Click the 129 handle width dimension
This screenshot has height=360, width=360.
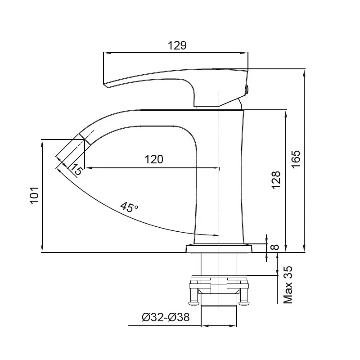click(x=177, y=45)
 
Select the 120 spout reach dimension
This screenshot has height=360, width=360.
click(x=154, y=159)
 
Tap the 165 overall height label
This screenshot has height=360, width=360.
click(x=296, y=159)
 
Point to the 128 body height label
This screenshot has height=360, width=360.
click(x=276, y=180)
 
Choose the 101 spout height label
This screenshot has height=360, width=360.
click(x=35, y=195)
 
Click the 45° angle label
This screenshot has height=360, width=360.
click(x=129, y=207)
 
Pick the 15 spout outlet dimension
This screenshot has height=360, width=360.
click(x=76, y=170)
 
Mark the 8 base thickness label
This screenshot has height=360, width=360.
click(x=275, y=247)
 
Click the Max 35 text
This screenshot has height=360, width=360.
click(x=288, y=285)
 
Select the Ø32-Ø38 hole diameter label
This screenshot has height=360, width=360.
click(x=166, y=317)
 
